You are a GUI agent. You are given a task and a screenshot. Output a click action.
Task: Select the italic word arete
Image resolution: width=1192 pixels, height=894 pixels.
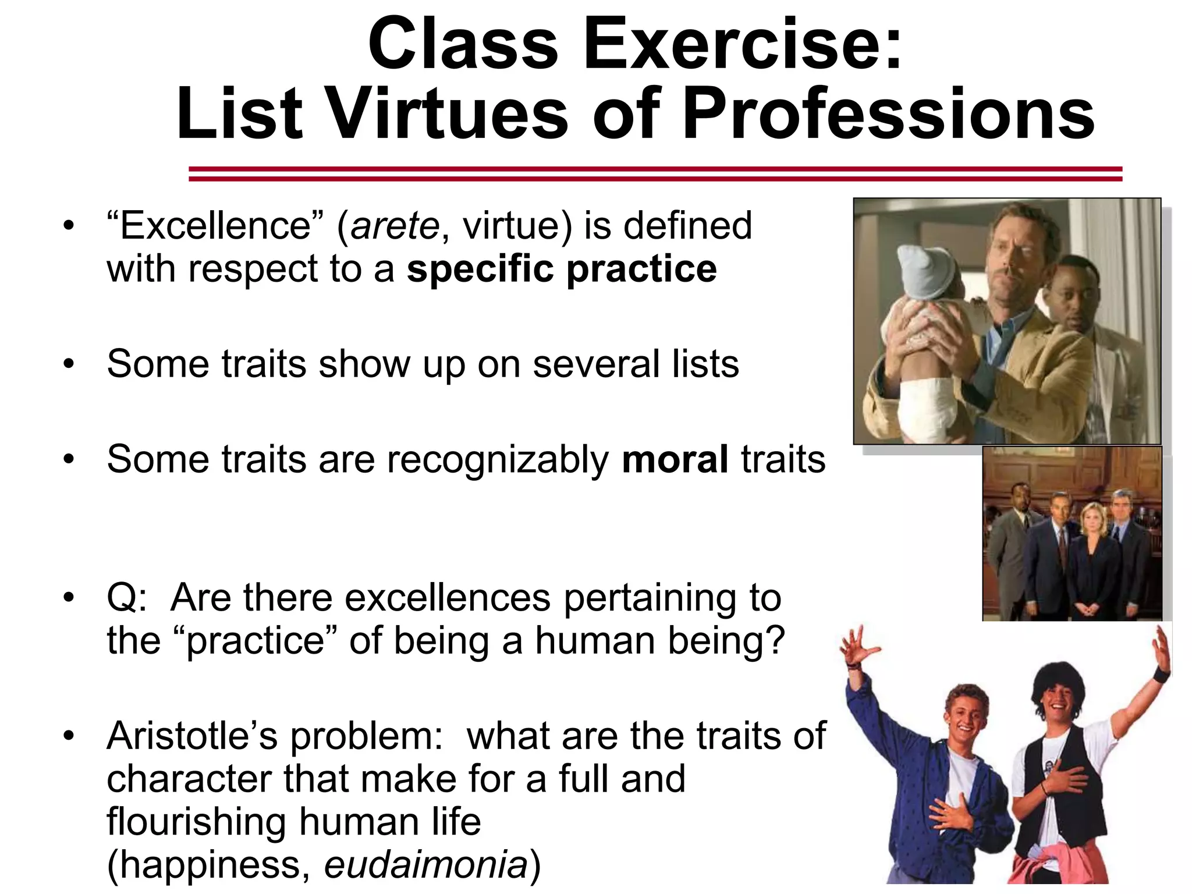395,226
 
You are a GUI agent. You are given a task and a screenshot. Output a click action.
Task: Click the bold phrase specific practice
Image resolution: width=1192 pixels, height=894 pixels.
562,269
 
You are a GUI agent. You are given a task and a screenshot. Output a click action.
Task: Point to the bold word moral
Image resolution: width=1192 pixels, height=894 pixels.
675,459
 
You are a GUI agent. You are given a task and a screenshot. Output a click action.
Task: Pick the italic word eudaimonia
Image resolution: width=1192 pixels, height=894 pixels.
425,865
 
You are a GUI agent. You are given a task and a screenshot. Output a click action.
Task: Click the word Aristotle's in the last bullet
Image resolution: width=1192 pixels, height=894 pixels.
193,736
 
